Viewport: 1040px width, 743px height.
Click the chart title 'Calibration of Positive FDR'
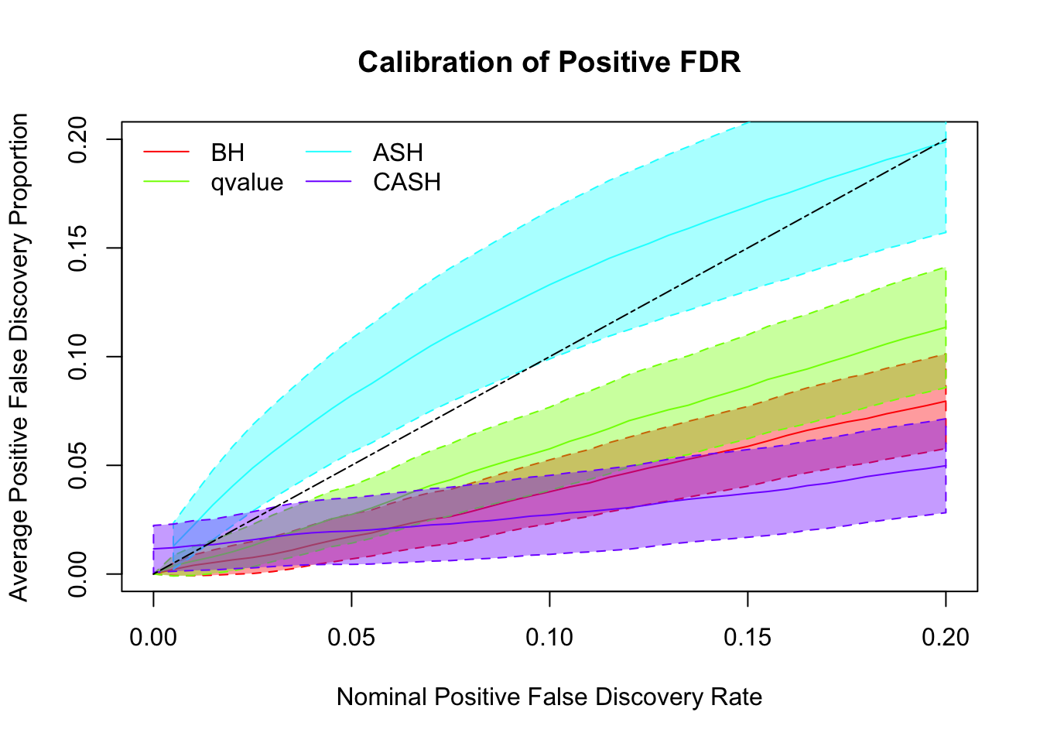(549, 62)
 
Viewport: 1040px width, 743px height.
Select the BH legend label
(227, 152)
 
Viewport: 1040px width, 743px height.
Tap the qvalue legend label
(247, 183)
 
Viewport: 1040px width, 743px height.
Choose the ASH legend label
(398, 152)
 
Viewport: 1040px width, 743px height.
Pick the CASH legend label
(407, 183)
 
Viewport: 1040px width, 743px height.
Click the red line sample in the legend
(166, 152)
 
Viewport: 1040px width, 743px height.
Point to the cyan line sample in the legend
(329, 152)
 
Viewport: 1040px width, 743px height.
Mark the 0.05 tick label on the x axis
(351, 637)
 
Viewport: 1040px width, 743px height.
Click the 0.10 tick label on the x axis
(549, 637)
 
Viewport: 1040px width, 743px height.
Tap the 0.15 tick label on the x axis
(747, 637)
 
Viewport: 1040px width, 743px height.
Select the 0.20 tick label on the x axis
(946, 637)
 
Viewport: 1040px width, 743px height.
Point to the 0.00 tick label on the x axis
(153, 637)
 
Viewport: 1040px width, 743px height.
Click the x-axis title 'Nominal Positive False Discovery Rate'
(549, 697)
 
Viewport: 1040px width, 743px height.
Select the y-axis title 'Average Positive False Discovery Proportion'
(19, 357)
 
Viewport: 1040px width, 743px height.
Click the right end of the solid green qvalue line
(946, 327)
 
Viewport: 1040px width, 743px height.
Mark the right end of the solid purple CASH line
(946, 465)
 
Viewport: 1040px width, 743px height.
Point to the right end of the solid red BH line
(946, 401)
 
